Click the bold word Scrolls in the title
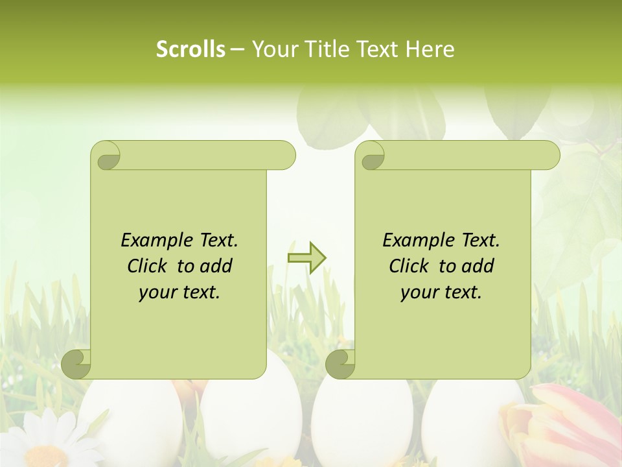(x=190, y=49)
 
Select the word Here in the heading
(x=430, y=49)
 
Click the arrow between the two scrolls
(x=306, y=258)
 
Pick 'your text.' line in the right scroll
(x=441, y=293)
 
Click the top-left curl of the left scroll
(x=106, y=156)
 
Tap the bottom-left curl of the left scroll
(x=76, y=364)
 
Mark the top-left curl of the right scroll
(x=371, y=156)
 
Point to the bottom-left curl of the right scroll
(x=340, y=364)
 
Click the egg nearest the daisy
(x=133, y=422)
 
